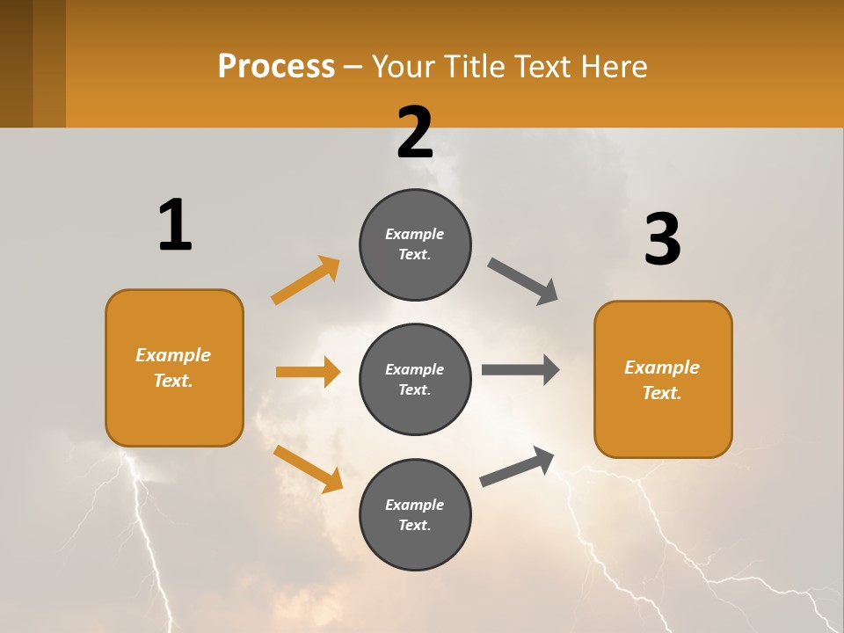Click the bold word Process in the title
[x=276, y=66]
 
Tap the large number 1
[x=175, y=225]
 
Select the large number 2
[x=415, y=133]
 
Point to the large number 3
[x=662, y=240]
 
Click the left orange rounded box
[x=174, y=367]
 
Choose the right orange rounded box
[x=663, y=380]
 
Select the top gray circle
[x=415, y=244]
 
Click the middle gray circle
[x=415, y=379]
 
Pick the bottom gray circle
[x=415, y=514]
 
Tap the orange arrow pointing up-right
[x=306, y=280]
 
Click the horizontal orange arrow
[x=308, y=372]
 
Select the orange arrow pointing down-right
[x=308, y=469]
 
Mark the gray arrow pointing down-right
[x=523, y=281]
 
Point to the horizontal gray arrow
[x=520, y=370]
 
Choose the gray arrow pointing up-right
[x=517, y=467]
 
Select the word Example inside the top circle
[x=414, y=234]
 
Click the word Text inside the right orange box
[x=661, y=393]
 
